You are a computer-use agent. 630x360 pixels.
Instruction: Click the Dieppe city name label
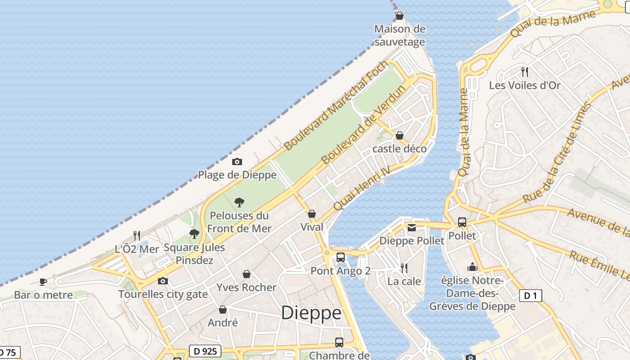311,313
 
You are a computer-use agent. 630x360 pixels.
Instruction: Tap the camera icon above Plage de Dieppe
237,162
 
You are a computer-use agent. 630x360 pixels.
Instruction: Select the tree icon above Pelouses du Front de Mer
239,202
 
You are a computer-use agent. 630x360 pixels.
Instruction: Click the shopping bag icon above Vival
311,214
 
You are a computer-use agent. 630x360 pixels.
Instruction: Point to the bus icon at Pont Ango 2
341,257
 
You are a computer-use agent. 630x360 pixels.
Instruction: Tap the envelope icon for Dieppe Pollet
412,228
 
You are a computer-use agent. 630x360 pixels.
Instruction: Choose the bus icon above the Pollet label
462,222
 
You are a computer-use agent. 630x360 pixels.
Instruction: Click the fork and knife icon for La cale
404,268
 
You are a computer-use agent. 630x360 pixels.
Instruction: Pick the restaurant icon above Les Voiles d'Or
524,72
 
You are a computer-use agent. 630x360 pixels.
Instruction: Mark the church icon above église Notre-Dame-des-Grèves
472,267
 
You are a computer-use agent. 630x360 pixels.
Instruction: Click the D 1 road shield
531,296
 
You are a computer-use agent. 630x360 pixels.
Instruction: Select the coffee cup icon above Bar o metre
43,282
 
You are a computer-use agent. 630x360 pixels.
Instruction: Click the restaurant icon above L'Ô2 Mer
137,235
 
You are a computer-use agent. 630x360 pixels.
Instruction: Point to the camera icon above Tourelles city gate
163,281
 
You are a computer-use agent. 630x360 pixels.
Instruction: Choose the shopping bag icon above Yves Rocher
247,274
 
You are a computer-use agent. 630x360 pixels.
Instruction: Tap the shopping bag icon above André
223,310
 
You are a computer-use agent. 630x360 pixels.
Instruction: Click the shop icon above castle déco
400,135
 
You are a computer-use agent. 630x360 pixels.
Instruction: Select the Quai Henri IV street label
361,189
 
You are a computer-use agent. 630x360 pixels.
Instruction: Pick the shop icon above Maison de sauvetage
400,16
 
